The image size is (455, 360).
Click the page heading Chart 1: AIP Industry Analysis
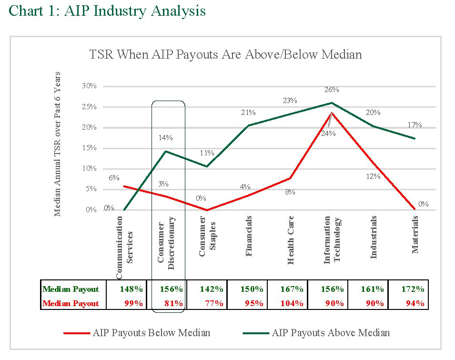point(107,10)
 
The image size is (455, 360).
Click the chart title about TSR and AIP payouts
point(225,54)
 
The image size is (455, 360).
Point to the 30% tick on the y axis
point(89,86)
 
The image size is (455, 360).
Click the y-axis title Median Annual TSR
point(58,144)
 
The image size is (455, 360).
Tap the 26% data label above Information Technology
point(332,90)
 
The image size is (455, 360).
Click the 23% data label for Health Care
point(290,101)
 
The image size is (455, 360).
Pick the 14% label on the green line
point(165,138)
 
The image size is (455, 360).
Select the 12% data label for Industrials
point(373,176)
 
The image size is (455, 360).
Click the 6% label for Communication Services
point(114,178)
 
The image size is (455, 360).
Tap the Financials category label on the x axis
point(249,236)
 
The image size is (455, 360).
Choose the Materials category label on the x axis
point(415,234)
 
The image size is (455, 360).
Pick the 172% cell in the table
point(413,289)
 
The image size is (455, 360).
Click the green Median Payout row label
point(71,289)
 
